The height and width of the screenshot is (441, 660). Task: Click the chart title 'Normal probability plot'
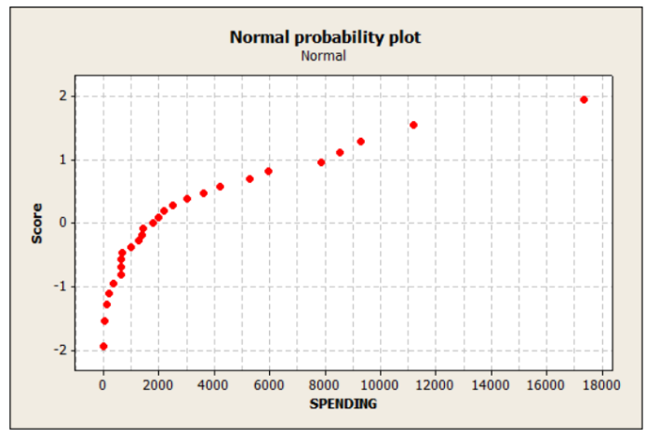pyautogui.click(x=325, y=37)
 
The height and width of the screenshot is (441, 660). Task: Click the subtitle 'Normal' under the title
pyautogui.click(x=324, y=55)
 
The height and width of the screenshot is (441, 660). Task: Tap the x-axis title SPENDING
pyautogui.click(x=343, y=404)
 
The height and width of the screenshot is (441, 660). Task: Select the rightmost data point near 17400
pyautogui.click(x=584, y=100)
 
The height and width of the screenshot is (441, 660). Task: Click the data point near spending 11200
pyautogui.click(x=413, y=125)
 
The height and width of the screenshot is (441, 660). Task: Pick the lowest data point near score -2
pyautogui.click(x=103, y=346)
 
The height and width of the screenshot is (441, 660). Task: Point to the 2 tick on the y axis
pyautogui.click(x=62, y=96)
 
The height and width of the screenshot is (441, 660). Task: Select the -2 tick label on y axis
pyautogui.click(x=60, y=350)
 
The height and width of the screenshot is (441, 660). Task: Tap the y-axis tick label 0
pyautogui.click(x=62, y=223)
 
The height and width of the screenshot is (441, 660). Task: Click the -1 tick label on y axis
pyautogui.click(x=60, y=286)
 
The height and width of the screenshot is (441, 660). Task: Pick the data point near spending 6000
pyautogui.click(x=268, y=172)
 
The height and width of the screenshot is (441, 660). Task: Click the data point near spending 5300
pyautogui.click(x=249, y=179)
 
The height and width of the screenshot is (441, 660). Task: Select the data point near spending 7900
pyautogui.click(x=321, y=162)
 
